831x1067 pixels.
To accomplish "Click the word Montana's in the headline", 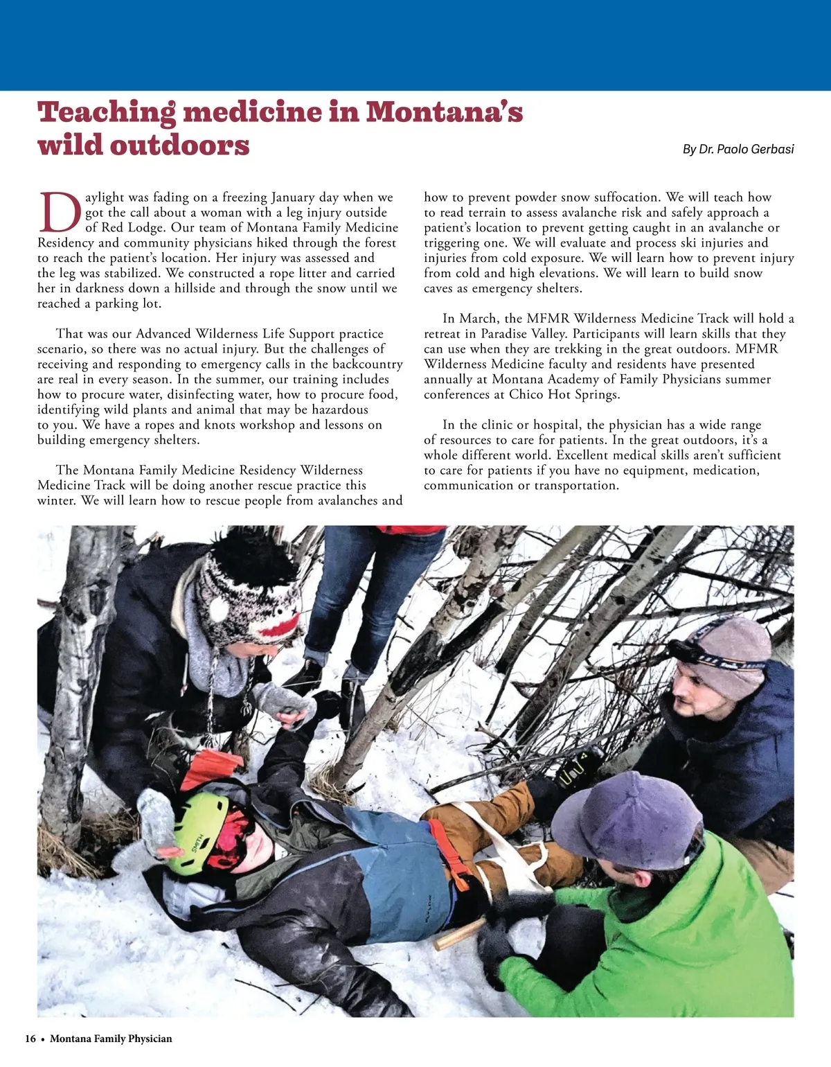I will click(x=444, y=112).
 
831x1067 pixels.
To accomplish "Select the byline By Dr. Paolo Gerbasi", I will click(x=738, y=149).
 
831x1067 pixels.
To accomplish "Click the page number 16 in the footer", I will click(x=30, y=1039).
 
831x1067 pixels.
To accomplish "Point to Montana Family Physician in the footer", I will click(x=111, y=1039).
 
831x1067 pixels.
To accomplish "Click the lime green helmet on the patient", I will click(x=197, y=831).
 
